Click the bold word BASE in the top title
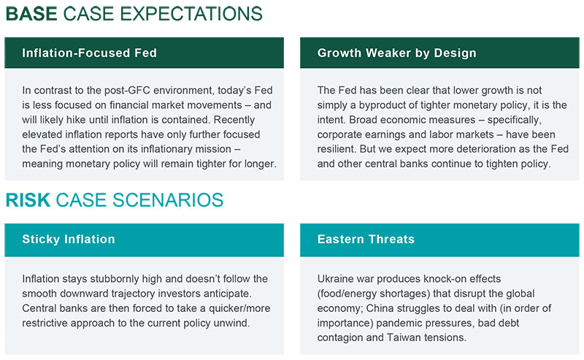(31, 14)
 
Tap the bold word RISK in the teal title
(28, 200)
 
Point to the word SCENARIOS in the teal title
(168, 200)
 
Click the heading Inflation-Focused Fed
(89, 53)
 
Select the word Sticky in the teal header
(41, 240)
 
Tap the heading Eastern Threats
(366, 240)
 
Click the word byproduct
(382, 105)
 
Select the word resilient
(337, 149)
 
